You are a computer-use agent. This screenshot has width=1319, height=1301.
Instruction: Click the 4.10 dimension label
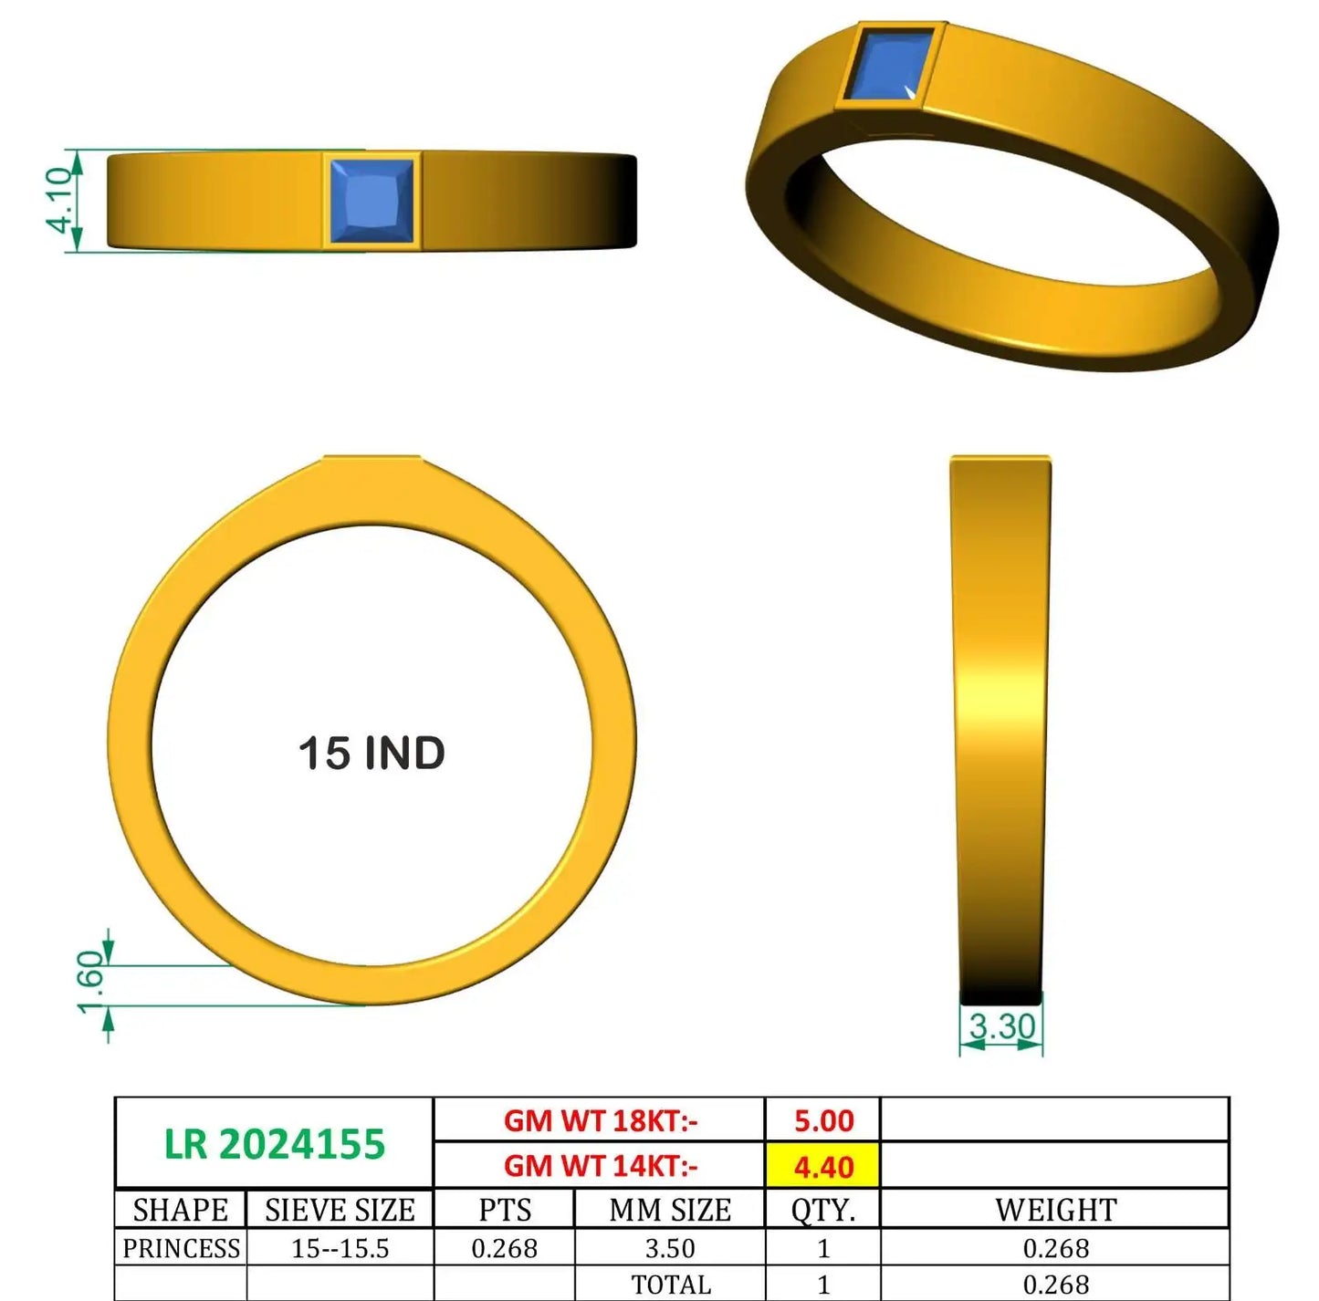pyautogui.click(x=58, y=200)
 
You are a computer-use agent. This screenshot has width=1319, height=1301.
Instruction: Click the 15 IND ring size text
pyautogui.click(x=372, y=754)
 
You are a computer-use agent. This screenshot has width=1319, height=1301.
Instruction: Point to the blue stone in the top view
pyautogui.click(x=372, y=201)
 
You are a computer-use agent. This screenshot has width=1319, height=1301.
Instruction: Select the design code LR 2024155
pyautogui.click(x=275, y=1144)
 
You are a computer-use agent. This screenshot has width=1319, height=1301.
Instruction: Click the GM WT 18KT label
pyautogui.click(x=601, y=1121)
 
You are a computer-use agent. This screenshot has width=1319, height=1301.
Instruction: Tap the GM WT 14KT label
pyautogui.click(x=601, y=1166)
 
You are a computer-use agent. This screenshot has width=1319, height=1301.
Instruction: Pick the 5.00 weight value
pyautogui.click(x=824, y=1121)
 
